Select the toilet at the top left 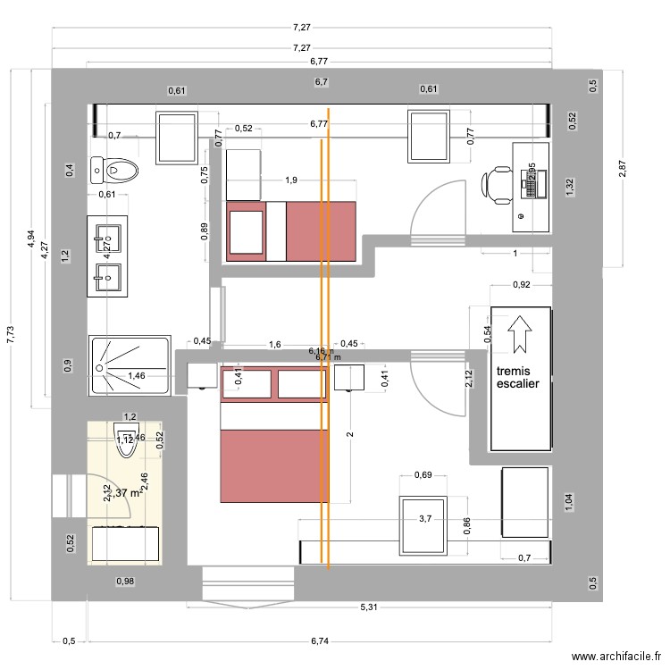[x=117, y=168]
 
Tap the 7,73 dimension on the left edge [x=11, y=334]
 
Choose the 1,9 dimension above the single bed [x=291, y=180]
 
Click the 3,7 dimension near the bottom [x=426, y=518]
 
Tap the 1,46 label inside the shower [x=137, y=376]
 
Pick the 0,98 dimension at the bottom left [x=125, y=582]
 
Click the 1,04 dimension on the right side [x=568, y=502]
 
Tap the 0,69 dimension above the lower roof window [x=424, y=474]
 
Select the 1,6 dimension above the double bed [x=274, y=344]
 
